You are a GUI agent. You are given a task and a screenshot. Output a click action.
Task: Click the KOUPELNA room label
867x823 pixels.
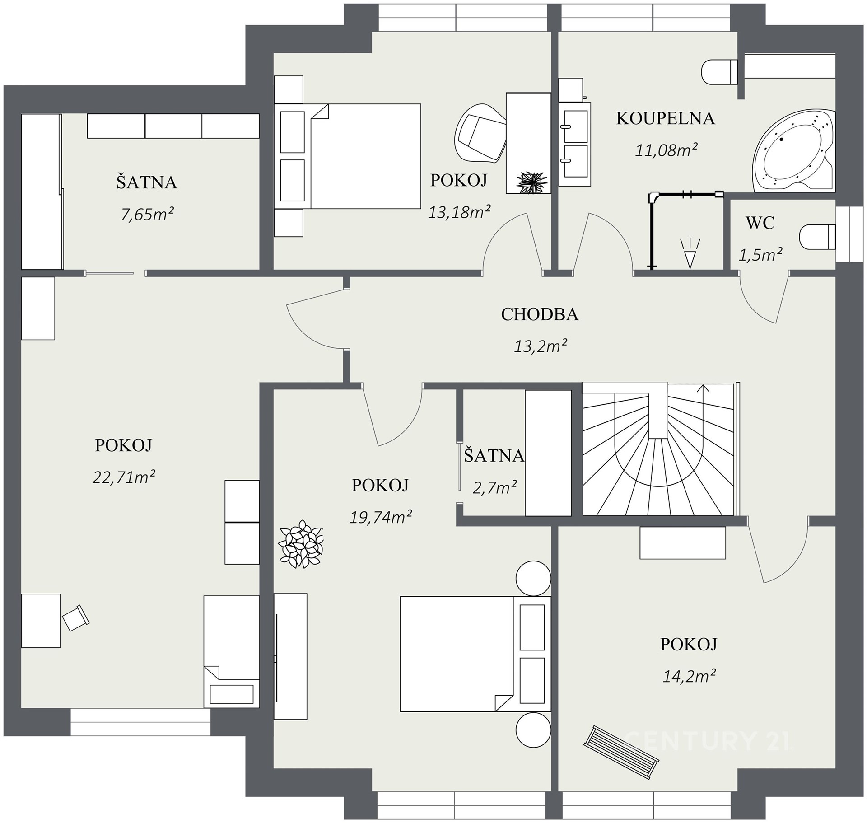[666, 118]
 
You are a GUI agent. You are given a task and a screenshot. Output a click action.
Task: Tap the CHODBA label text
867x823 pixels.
[540, 314]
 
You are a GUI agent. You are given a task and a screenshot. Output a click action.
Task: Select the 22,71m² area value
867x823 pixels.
[124, 477]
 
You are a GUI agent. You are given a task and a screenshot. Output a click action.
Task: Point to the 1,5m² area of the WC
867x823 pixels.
[760, 255]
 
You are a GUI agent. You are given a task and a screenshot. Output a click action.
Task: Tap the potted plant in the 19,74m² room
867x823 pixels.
[301, 544]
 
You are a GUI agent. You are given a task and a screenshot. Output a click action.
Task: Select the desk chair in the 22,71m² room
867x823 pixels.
[76, 617]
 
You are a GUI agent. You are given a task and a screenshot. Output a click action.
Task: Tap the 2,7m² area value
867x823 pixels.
[495, 487]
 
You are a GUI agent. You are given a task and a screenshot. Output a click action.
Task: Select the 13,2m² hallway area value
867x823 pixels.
[541, 346]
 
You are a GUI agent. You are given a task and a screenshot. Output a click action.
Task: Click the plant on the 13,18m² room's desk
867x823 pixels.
[531, 182]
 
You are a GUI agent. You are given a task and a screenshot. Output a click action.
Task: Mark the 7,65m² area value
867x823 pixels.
[147, 214]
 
